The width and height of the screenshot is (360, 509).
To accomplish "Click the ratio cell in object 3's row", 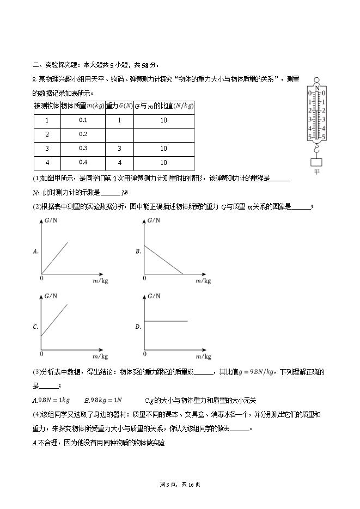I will tap(163, 148).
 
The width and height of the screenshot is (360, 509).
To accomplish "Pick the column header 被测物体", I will tap(46, 106).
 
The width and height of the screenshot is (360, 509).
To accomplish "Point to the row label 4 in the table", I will tap(47, 162).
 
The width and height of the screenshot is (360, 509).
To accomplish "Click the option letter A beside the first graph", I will tap(35, 252).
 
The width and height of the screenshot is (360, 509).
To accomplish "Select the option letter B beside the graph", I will tap(138, 252).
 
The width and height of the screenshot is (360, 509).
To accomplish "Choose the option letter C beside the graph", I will tap(35, 327).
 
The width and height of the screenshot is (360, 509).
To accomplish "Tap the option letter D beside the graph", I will tap(138, 327).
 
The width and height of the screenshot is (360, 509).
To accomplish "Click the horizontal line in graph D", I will tap(166, 321).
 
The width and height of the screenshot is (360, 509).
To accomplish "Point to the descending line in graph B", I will tap(163, 259).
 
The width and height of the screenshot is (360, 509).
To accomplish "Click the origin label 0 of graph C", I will tap(42, 354).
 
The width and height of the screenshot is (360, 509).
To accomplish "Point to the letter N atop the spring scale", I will tap(317, 88).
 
